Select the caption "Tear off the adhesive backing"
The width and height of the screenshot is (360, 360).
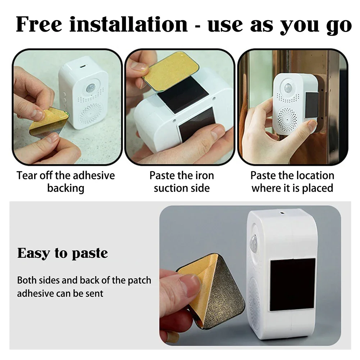click(x=65, y=182)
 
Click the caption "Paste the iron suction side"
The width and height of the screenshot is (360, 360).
click(x=182, y=182)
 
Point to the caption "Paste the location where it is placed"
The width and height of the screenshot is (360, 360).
click(x=292, y=182)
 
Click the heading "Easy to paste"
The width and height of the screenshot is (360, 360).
click(x=63, y=253)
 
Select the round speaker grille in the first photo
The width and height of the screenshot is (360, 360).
click(x=90, y=114)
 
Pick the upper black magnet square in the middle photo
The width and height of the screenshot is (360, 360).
click(x=184, y=94)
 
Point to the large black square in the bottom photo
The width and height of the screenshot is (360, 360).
click(x=292, y=284)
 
